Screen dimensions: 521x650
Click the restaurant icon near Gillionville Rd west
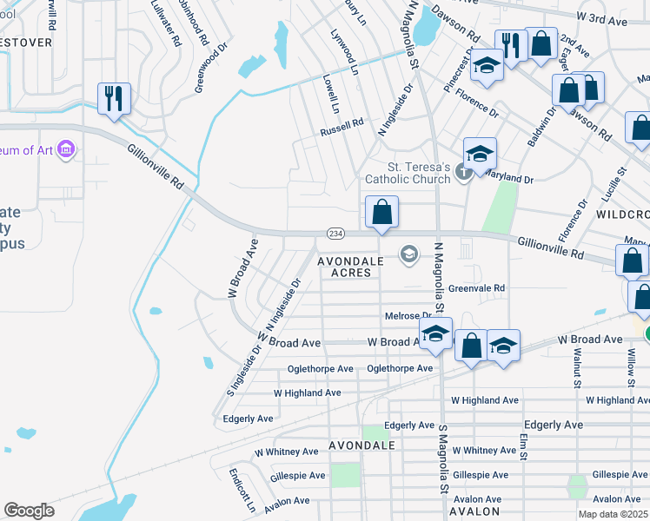click(114, 98)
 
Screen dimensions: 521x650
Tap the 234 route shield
click(336, 234)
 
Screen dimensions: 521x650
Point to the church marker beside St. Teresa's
click(464, 175)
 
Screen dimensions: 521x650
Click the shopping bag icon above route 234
click(381, 212)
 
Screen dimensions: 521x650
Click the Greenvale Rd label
click(477, 288)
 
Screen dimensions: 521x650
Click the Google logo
click(29, 511)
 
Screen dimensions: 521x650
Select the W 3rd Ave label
click(602, 16)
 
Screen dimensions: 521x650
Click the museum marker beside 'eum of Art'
click(65, 151)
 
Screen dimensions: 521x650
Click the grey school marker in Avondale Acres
click(408, 254)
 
